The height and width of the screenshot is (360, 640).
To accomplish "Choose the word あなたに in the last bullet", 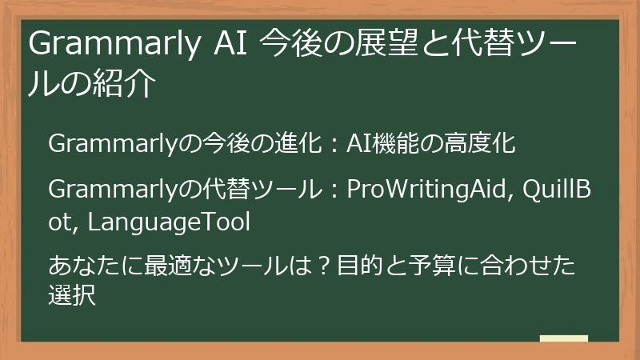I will [x=80, y=264].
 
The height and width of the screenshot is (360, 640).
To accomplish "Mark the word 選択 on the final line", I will [x=72, y=296].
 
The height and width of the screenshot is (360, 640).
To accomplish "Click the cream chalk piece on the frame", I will [x=563, y=338].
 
